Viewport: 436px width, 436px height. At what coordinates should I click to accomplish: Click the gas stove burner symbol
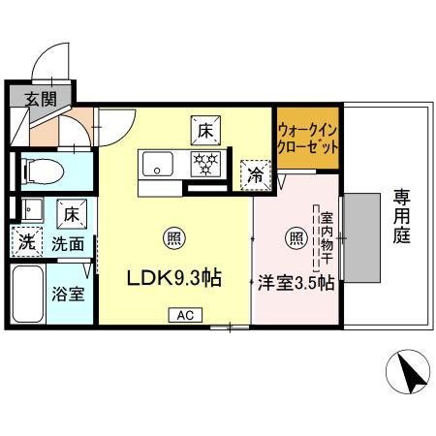coord(203,162)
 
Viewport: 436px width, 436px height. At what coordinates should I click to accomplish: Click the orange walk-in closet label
coord(307,141)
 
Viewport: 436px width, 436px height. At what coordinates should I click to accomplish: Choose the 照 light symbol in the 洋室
coord(296,237)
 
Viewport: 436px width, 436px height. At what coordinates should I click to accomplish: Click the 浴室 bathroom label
coord(67,292)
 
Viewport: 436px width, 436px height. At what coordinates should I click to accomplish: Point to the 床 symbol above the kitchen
coord(204,128)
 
